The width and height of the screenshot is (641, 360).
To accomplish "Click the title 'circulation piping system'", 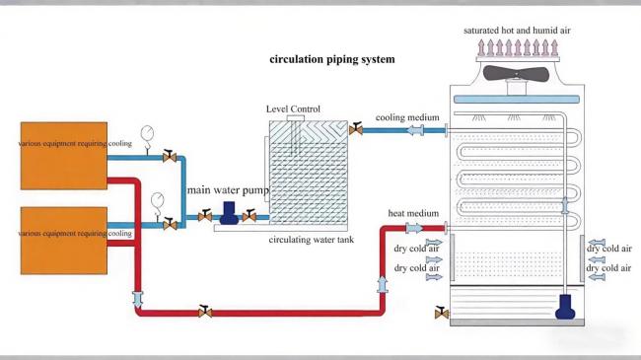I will [x=332, y=59].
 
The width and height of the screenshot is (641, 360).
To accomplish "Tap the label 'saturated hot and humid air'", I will [x=517, y=31].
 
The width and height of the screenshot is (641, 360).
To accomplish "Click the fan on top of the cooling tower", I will [x=517, y=74].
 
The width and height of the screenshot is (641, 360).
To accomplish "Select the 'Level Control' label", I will [x=293, y=108].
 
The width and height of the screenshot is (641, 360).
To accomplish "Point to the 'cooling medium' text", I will [x=406, y=117].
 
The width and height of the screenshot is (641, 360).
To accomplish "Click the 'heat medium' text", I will [x=412, y=213].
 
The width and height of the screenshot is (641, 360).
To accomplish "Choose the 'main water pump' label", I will [x=228, y=189].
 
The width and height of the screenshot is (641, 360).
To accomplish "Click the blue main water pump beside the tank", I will [x=228, y=213].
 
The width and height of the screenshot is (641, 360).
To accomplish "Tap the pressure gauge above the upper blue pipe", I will [x=148, y=134].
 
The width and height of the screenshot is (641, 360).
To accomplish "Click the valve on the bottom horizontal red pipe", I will [x=204, y=312].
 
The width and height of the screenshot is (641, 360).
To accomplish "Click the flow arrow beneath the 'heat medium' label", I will [x=413, y=228].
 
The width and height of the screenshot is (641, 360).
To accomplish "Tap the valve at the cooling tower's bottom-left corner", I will [x=440, y=314].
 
